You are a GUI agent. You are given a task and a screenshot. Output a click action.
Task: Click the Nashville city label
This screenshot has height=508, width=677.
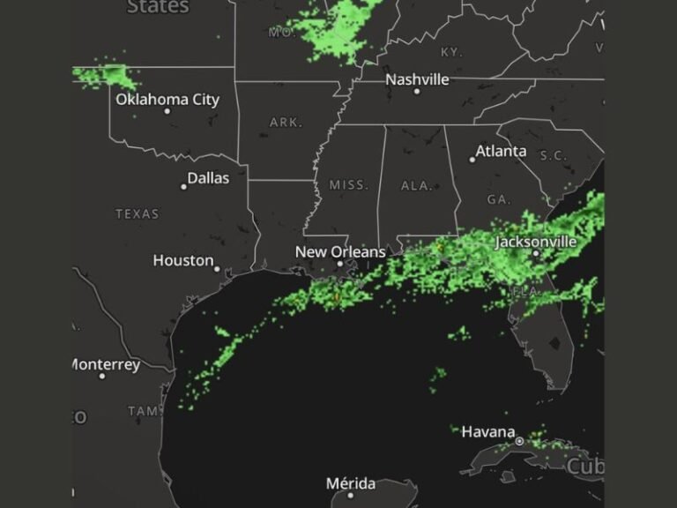point(417,79)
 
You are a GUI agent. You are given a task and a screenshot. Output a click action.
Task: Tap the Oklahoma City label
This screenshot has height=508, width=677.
point(167,100)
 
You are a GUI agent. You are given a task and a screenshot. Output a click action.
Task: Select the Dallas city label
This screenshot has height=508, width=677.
point(208,178)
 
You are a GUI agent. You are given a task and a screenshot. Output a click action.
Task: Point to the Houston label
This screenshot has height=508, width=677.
point(183,260)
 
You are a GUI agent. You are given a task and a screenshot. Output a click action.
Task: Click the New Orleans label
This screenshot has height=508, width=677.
point(340,252)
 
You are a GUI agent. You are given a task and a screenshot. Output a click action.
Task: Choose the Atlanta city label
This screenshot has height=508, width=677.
point(501,151)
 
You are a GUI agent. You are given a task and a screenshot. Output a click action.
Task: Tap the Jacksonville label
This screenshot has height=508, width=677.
point(536,241)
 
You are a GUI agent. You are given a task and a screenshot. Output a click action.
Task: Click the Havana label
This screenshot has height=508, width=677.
point(488,431)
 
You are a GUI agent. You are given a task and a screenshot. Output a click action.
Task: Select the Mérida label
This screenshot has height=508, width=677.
point(351,483)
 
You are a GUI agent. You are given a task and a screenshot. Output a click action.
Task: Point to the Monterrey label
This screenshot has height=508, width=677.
point(106,364)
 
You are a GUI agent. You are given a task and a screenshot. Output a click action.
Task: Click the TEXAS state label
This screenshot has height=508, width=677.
point(138,213)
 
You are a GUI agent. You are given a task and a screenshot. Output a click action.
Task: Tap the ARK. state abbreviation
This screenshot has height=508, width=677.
point(286,123)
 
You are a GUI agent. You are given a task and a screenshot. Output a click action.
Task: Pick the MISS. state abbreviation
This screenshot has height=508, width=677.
point(349,185)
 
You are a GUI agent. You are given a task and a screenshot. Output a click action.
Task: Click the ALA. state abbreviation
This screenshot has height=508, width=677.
point(416,186)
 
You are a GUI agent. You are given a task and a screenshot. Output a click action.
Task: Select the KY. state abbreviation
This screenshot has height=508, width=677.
point(450,53)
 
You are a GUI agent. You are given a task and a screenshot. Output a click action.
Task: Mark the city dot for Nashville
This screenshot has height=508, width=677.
point(417,91)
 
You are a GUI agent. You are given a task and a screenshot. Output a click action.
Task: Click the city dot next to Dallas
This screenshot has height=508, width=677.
point(183,186)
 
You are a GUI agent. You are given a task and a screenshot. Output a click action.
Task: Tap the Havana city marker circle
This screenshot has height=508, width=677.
point(520,440)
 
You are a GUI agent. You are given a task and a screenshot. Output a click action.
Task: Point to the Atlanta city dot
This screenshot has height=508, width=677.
point(472,160)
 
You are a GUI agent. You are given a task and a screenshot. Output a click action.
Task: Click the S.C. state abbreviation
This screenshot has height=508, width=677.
point(554,155)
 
